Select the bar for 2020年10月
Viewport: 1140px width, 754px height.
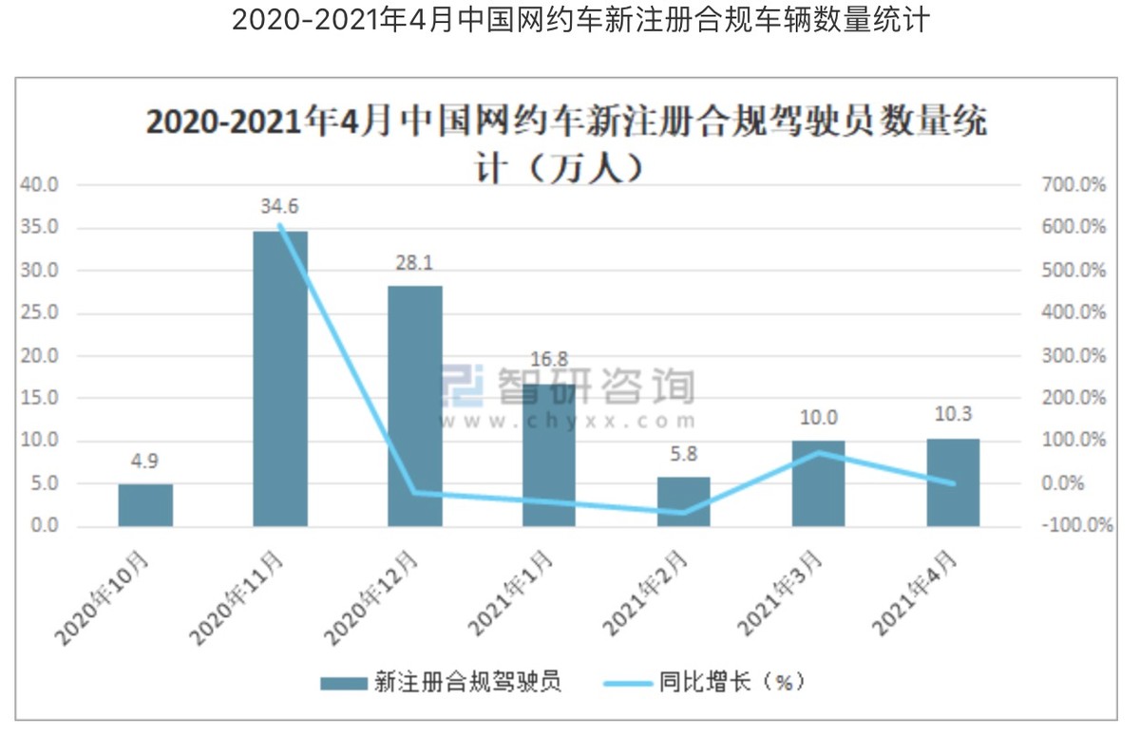click(145, 505)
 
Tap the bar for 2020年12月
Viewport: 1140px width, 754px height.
click(415, 405)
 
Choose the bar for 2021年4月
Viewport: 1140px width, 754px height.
click(953, 482)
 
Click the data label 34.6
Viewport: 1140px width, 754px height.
click(280, 205)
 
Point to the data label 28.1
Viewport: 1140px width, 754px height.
click(415, 262)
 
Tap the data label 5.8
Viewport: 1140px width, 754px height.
click(683, 454)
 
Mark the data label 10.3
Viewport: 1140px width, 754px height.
click(953, 415)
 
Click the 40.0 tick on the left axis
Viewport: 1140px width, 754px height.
click(40, 185)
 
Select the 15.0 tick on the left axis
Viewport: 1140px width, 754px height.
click(40, 398)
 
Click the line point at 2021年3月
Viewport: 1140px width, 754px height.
click(819, 452)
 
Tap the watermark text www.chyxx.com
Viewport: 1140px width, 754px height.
click(568, 421)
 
